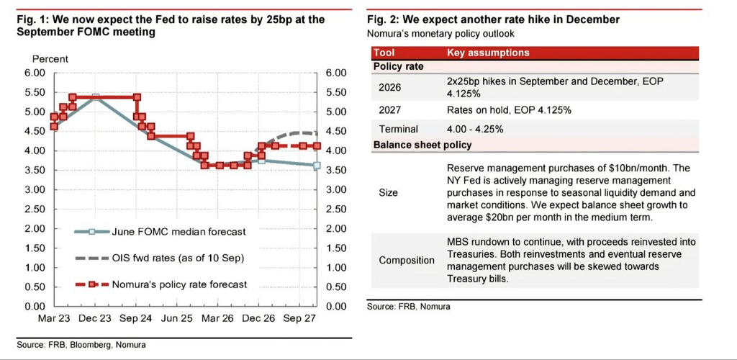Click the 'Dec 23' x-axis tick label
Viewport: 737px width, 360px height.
tap(96, 319)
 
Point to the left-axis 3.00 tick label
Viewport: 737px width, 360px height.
tap(35, 189)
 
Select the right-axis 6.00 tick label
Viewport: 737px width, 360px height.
tap(335, 73)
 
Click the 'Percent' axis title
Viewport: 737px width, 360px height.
tap(50, 59)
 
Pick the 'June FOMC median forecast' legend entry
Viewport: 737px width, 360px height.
tap(160, 231)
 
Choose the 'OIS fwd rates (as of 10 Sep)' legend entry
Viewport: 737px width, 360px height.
tap(160, 258)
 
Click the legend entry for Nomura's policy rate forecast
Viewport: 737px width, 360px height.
tap(160, 284)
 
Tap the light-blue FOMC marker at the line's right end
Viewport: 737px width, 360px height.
tap(317, 166)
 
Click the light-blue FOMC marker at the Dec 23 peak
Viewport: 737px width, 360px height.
tap(96, 96)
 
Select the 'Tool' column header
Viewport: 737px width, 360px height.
tap(384, 53)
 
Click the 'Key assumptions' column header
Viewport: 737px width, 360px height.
tap(488, 53)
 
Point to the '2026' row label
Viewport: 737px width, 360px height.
tap(389, 87)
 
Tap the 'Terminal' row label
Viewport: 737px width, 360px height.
tap(398, 129)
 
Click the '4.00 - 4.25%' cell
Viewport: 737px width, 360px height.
tap(475, 129)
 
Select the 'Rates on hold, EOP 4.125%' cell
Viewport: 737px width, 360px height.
tap(509, 110)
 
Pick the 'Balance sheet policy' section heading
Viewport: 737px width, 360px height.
tap(422, 145)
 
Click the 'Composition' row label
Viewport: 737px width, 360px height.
tap(407, 261)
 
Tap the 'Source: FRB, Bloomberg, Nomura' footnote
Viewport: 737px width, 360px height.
tap(81, 345)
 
